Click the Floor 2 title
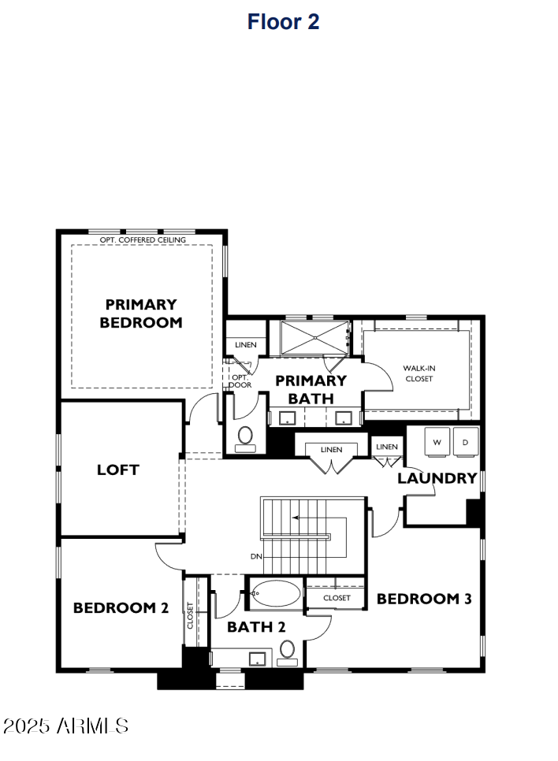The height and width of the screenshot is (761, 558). (283, 22)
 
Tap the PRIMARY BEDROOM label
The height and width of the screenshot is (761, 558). (141, 313)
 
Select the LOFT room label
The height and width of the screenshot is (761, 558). (118, 470)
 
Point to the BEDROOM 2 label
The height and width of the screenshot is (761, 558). (121, 608)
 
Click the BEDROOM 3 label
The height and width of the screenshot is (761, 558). (424, 599)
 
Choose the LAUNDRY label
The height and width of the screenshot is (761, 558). (437, 478)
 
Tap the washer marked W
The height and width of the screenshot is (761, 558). (436, 442)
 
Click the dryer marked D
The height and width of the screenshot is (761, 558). (466, 442)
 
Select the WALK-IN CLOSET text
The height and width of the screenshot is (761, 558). (418, 373)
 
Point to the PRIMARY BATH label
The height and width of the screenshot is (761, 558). (311, 389)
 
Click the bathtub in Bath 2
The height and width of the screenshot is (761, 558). (274, 594)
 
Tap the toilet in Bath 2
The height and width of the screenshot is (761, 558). (287, 650)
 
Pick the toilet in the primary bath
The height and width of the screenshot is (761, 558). (245, 436)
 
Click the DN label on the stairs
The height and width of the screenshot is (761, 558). (256, 556)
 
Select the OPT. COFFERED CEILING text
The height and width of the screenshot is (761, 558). (143, 239)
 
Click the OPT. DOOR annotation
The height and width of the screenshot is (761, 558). (240, 381)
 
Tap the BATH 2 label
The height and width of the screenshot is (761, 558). (256, 627)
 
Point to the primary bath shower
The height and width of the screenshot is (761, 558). (314, 338)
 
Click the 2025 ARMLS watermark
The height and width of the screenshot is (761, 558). (66, 726)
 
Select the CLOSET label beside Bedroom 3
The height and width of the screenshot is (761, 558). (337, 599)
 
